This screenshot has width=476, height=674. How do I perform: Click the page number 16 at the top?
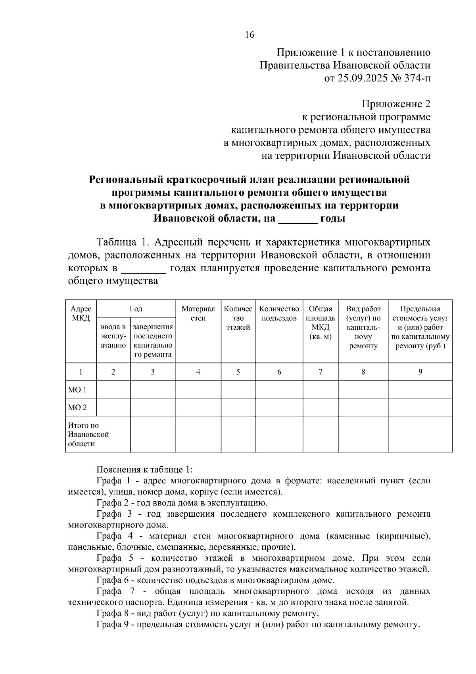click(250, 35)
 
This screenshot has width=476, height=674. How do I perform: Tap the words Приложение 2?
click(396, 104)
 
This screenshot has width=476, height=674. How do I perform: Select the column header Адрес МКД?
click(81, 313)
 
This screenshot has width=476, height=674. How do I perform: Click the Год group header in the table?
click(136, 309)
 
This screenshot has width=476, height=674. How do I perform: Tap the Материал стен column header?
click(198, 313)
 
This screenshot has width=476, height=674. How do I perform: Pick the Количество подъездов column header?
click(279, 313)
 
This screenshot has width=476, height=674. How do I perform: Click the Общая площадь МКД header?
click(321, 323)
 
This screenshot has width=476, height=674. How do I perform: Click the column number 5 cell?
click(238, 372)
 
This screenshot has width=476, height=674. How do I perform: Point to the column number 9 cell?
click(420, 372)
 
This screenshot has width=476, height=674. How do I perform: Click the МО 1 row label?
click(77, 390)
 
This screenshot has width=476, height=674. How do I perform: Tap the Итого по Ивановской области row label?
click(88, 435)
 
